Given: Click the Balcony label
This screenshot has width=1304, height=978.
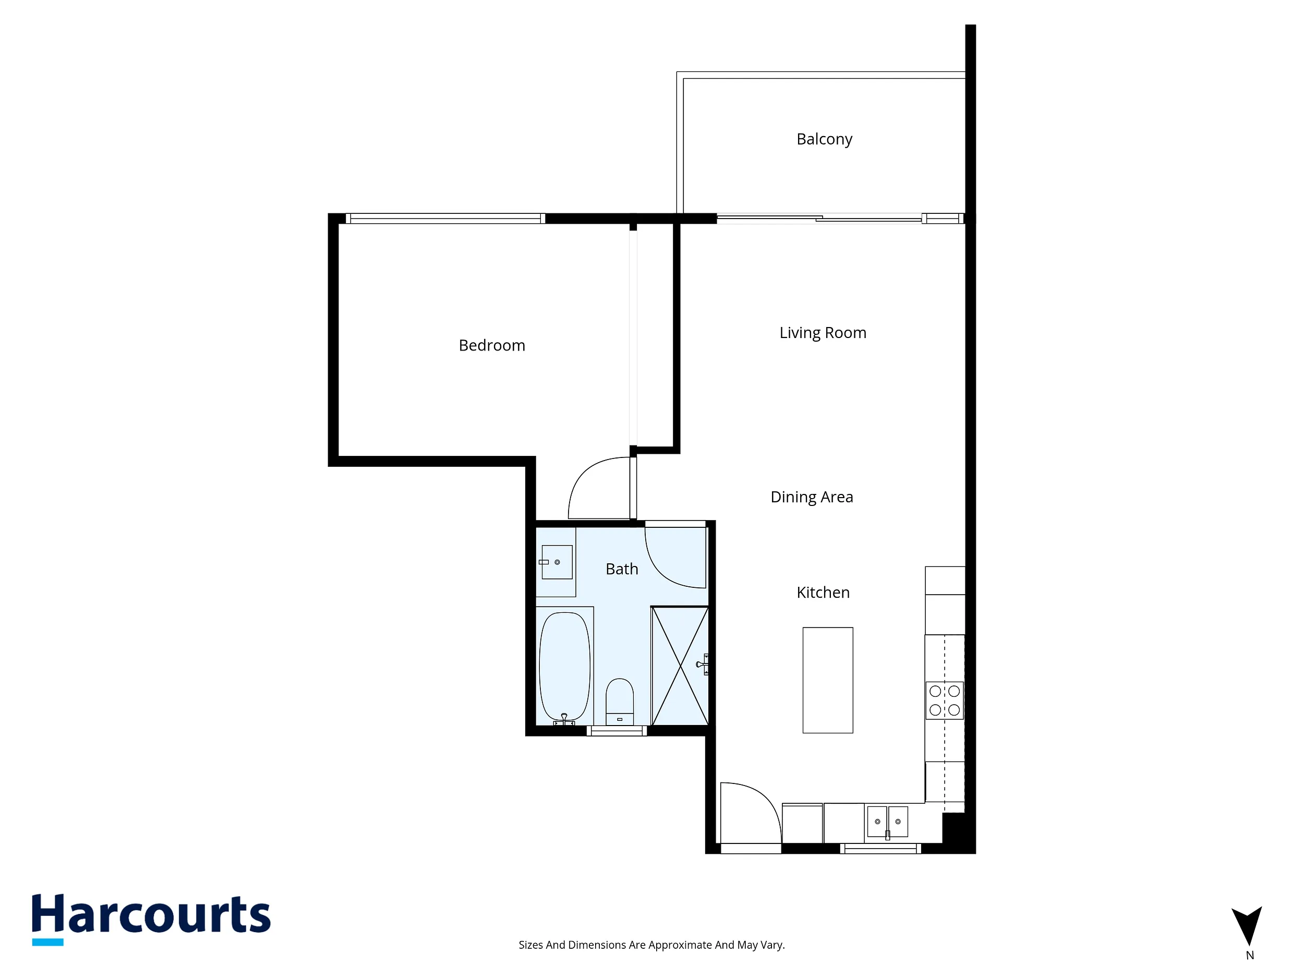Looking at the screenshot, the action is tap(824, 140).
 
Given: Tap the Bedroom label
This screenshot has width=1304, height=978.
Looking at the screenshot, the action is tap(492, 345).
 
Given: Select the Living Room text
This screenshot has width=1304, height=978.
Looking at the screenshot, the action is tap(823, 333).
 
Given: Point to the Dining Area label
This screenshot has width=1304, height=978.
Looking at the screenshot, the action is tap(812, 497).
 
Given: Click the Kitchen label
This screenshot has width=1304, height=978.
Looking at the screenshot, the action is tap(823, 593).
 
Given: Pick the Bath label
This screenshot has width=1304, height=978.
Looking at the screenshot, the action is tap(622, 569).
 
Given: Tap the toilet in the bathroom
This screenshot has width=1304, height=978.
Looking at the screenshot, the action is tap(620, 702).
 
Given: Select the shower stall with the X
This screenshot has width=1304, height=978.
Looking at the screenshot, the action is tap(680, 666).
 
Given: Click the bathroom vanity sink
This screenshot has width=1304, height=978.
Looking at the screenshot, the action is tap(557, 562).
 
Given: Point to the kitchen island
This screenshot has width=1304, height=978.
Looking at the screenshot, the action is tap(828, 680).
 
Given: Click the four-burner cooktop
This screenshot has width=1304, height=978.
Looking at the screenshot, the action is tap(945, 701).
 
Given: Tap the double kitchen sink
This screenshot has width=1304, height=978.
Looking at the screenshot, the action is tap(887, 821).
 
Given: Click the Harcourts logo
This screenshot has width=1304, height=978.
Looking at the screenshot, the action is tap(151, 919).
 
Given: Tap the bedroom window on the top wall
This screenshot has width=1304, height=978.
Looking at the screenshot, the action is tap(445, 219).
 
